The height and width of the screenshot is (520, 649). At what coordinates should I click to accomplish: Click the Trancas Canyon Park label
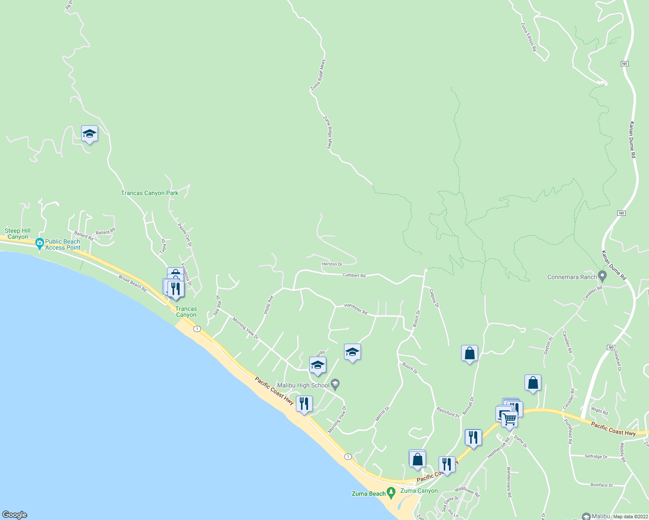(x=150, y=193)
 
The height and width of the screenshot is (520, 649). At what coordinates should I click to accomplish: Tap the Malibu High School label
(x=303, y=385)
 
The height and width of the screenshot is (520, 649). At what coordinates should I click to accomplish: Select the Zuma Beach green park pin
(x=391, y=493)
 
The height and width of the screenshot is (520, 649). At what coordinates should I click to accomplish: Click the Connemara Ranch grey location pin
(x=602, y=276)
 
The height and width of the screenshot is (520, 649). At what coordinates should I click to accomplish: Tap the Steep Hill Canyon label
(x=18, y=234)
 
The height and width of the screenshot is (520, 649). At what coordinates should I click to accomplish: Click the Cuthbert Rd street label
(x=354, y=275)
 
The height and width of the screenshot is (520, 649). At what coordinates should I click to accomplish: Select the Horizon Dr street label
(x=332, y=264)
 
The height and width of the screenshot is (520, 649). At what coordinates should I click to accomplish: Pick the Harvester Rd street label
(x=356, y=309)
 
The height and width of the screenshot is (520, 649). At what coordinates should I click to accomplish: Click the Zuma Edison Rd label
(x=528, y=38)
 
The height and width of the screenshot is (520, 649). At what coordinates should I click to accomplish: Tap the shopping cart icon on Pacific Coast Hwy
(x=510, y=419)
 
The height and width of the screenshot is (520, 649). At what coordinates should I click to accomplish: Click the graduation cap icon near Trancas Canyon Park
(x=89, y=134)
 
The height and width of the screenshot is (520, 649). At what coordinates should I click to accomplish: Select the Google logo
(x=15, y=515)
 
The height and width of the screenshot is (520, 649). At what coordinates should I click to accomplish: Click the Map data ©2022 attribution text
(x=630, y=517)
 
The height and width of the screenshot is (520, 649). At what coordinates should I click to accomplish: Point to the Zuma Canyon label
(x=419, y=491)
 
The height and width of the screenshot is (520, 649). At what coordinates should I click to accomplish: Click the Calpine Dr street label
(x=434, y=299)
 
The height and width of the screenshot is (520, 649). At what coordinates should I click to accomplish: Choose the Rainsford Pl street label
(x=448, y=412)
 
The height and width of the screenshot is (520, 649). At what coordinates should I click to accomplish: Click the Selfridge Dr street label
(x=596, y=456)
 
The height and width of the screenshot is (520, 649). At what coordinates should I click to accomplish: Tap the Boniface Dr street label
(x=602, y=485)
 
